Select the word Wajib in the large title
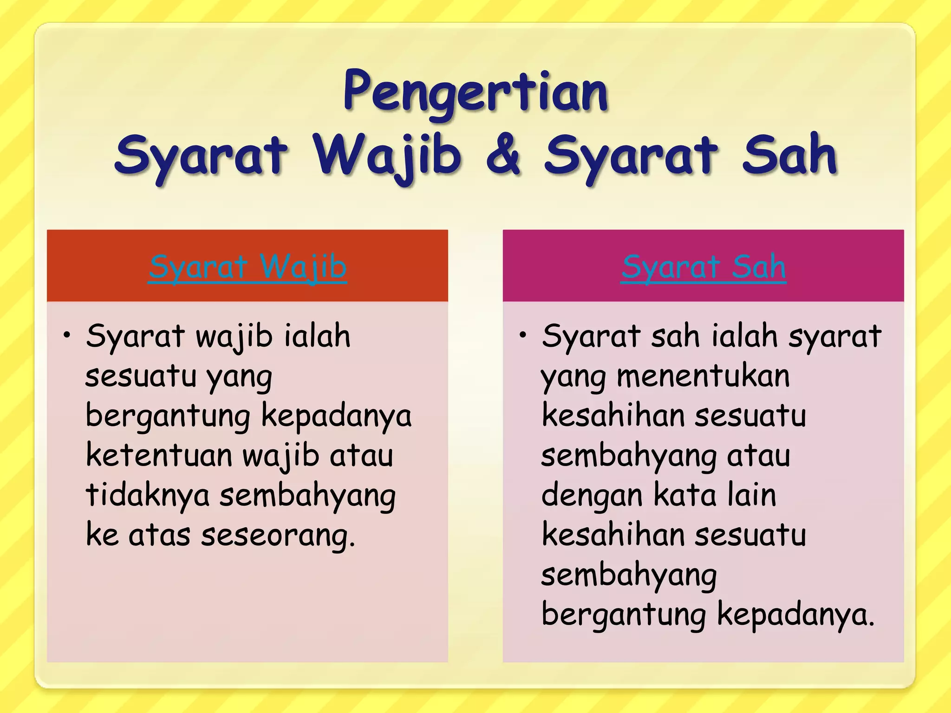coord(387,156)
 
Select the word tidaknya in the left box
coord(148,495)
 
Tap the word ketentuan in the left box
coord(159,455)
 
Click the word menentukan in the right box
coord(703,376)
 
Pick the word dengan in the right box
coord(592,495)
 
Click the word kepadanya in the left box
coord(336,416)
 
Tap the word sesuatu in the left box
coord(141,376)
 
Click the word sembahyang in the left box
coord(307,496)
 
